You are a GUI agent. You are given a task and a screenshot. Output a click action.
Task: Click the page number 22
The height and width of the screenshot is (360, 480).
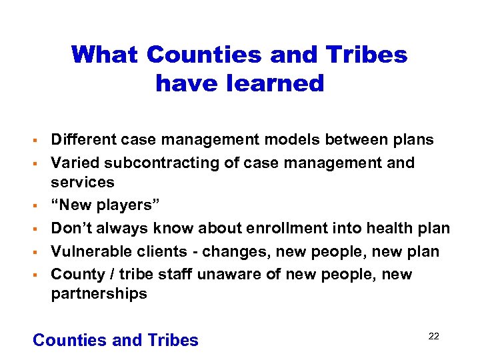click(x=433, y=336)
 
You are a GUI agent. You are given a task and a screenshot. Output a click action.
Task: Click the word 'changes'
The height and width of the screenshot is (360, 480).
click(x=239, y=251)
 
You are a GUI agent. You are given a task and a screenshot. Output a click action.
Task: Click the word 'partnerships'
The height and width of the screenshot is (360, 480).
click(x=99, y=294)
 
